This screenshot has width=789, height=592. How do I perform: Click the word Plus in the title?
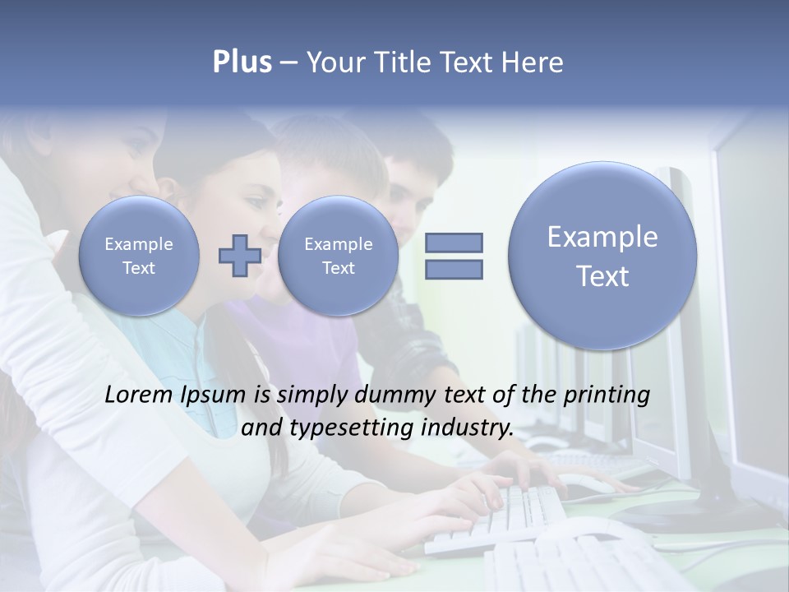pyautogui.click(x=242, y=62)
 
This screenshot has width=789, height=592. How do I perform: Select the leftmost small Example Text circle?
pyautogui.click(x=139, y=256)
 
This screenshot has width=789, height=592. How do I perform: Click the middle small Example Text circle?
pyautogui.click(x=338, y=256)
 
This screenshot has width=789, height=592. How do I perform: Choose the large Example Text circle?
pyautogui.click(x=602, y=256)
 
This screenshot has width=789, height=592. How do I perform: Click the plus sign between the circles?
pyautogui.click(x=239, y=255)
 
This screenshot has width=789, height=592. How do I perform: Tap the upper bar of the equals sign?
pyautogui.click(x=454, y=243)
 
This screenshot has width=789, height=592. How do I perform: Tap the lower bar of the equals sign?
pyautogui.click(x=454, y=269)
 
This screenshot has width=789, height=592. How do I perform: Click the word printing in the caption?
pyautogui.click(x=606, y=395)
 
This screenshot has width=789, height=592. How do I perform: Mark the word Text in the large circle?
pyautogui.click(x=602, y=276)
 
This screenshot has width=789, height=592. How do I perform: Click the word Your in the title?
pyautogui.click(x=334, y=62)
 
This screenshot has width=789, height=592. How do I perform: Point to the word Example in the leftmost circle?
pyautogui.click(x=139, y=244)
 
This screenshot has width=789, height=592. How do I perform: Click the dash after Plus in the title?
pyautogui.click(x=288, y=62)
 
